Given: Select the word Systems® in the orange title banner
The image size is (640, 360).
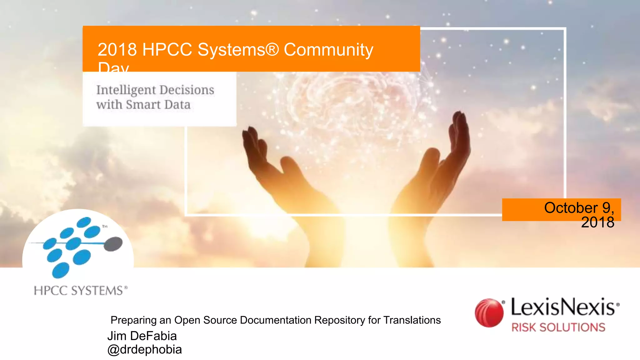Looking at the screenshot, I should [238, 50].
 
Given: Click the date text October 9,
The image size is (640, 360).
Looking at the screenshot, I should [579, 208].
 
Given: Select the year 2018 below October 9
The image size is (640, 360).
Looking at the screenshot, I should [597, 222].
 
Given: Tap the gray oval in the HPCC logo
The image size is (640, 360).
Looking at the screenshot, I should [113, 244].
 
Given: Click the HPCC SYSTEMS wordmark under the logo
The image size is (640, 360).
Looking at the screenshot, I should [81, 291].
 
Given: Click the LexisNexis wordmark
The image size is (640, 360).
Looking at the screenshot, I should [564, 307].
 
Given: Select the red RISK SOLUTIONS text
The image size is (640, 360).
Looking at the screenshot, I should [558, 327].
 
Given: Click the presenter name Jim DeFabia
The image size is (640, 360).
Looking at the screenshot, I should [142, 336].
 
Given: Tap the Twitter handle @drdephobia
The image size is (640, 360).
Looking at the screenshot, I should [144, 349].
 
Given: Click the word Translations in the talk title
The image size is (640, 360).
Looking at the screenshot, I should [412, 320].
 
